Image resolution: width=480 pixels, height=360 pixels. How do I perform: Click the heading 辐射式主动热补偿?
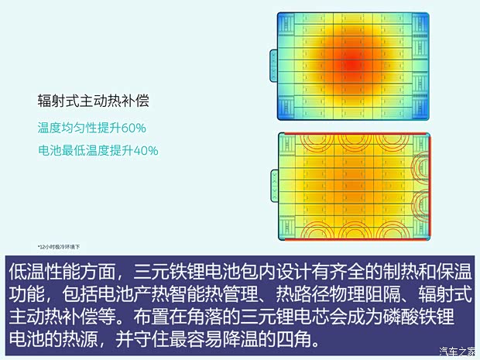click(x=93, y=101)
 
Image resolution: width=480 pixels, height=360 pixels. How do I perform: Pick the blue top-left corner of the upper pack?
click(x=283, y=19)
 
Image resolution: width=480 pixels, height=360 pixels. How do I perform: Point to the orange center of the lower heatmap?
click(x=352, y=186)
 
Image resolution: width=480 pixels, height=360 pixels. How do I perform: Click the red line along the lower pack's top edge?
click(x=352, y=134)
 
